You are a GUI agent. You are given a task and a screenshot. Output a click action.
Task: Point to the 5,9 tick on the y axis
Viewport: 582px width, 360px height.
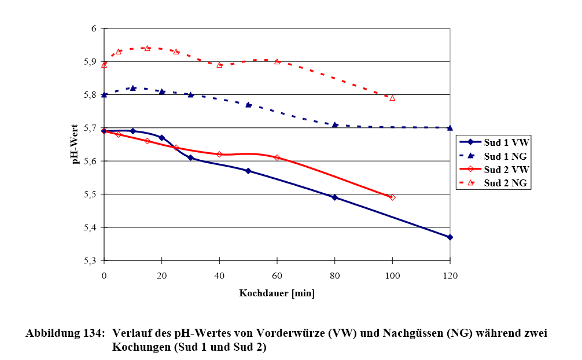tap(93, 61)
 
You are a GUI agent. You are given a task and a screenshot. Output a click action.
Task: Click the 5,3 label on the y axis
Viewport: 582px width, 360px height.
tap(93, 260)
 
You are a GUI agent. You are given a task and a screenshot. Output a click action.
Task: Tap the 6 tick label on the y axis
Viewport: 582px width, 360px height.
tap(95, 28)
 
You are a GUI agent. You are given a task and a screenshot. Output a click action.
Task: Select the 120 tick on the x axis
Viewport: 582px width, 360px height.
tap(450, 275)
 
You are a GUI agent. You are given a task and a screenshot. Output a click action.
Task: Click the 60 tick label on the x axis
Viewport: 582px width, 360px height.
tap(277, 275)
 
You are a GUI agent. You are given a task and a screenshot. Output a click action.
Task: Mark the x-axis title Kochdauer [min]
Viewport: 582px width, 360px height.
tap(277, 293)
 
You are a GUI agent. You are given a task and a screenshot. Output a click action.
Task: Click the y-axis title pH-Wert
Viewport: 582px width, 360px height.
tap(76, 144)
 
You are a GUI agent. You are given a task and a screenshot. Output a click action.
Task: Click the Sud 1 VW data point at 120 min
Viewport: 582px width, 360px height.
tap(450, 237)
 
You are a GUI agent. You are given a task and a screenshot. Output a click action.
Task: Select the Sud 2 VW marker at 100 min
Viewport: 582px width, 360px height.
tap(392, 197)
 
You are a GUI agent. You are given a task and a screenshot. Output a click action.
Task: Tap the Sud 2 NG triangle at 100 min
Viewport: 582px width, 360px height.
tap(392, 98)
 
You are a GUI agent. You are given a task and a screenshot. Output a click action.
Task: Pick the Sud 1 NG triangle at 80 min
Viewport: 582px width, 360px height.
tap(334, 124)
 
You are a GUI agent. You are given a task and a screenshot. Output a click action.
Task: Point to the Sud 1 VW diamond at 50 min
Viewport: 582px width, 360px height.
tap(248, 171)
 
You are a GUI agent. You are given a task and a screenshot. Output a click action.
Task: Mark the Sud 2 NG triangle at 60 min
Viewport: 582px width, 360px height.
tap(277, 61)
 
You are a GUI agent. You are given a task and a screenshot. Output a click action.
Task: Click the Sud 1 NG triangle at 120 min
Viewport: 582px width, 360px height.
tap(450, 127)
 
